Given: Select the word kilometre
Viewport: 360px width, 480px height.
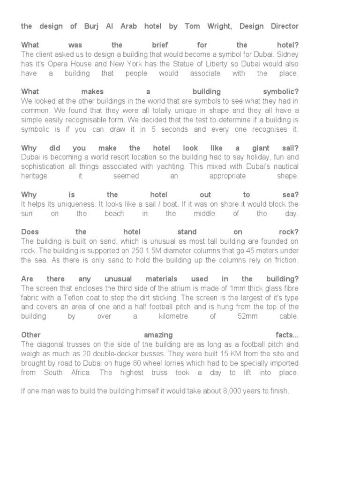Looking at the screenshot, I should [172, 316].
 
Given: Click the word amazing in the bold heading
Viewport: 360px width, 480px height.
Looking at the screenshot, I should [158, 335].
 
